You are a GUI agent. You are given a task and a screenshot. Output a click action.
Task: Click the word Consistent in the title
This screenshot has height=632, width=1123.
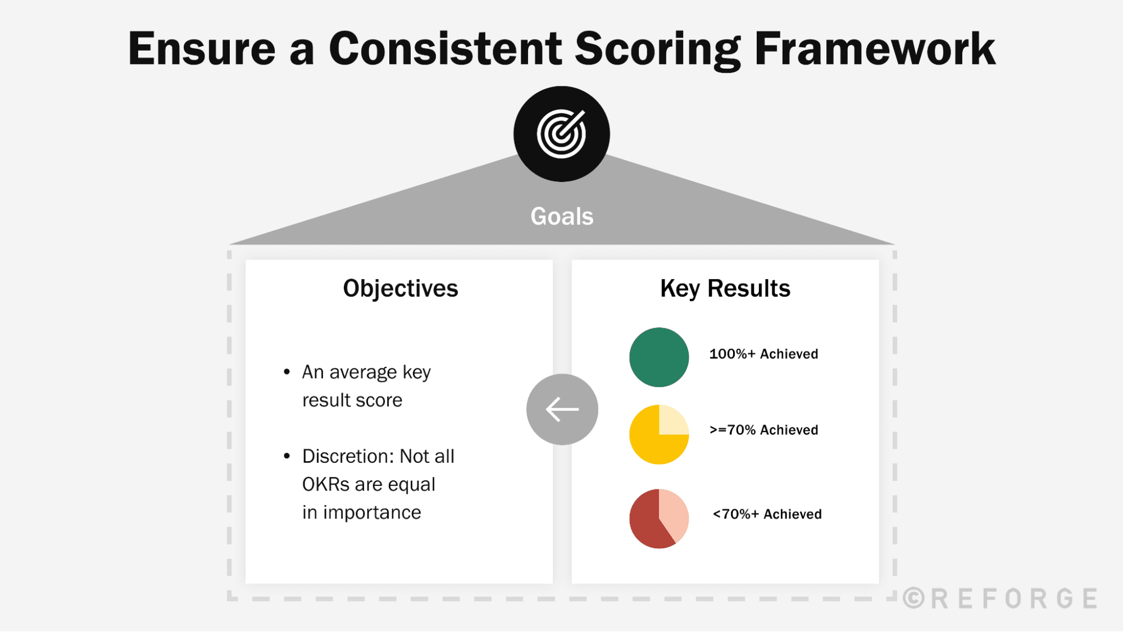445,49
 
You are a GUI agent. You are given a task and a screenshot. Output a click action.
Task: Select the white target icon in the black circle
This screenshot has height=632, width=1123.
561,134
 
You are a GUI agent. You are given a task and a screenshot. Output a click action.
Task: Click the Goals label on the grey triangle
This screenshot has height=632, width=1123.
562,216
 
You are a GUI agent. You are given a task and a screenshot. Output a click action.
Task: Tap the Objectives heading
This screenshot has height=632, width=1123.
400,288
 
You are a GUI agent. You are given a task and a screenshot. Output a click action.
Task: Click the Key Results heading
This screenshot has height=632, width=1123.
725,288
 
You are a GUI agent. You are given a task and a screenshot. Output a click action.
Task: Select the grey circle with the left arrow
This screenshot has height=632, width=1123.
562,409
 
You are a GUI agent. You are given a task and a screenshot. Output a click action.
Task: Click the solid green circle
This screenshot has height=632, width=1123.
658,357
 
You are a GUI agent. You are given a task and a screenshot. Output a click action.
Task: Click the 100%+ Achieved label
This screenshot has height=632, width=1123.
763,354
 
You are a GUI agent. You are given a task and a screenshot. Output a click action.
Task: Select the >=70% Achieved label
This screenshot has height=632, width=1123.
763,430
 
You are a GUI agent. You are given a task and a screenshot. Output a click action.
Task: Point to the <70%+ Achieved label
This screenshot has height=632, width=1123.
766,514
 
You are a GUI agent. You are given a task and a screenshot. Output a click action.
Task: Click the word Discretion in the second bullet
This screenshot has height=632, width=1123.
349,456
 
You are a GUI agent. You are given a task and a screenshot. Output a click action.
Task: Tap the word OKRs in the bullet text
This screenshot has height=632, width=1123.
325,484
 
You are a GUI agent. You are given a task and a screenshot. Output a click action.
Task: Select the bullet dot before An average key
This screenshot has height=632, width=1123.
287,372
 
